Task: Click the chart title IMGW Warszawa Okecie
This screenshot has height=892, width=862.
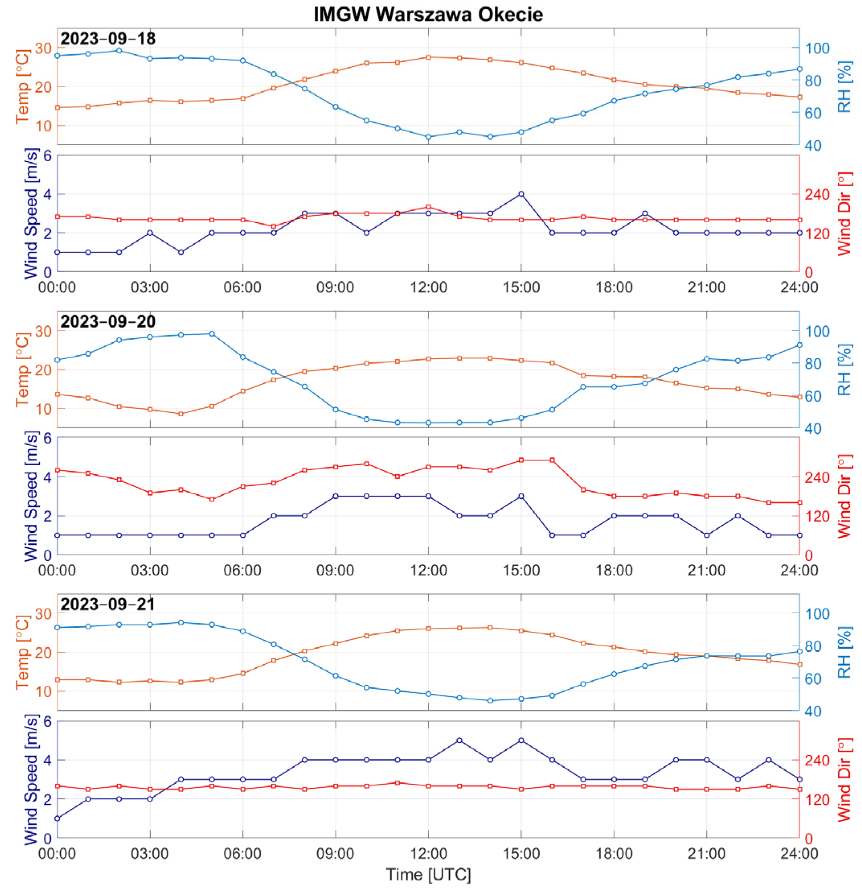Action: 428,14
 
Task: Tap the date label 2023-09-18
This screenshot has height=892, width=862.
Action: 108,39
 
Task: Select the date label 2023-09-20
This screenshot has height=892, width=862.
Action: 108,322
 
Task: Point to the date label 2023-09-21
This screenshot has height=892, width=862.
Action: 108,604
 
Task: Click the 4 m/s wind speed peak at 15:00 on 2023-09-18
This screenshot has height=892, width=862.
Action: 521,194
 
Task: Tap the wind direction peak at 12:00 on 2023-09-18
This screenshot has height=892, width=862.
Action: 428,207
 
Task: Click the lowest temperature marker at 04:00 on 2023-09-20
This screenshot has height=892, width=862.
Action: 181,414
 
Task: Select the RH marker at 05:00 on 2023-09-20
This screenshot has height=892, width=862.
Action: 212,333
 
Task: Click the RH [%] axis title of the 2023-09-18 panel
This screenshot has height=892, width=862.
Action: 844,86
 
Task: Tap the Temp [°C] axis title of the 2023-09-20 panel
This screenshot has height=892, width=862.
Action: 22,370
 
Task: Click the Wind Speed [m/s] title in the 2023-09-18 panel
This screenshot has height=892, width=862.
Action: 31,214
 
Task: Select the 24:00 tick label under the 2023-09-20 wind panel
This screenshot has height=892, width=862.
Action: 799,570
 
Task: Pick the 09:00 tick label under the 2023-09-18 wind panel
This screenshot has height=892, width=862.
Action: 335,287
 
